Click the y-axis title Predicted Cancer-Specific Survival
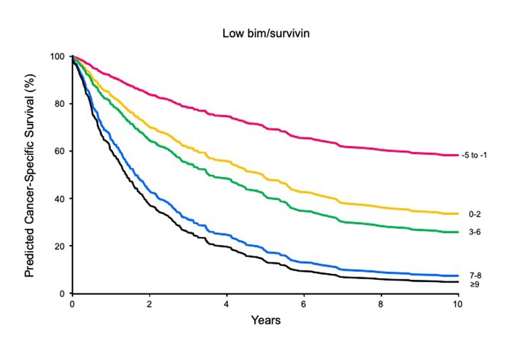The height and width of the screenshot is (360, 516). (x=30, y=175)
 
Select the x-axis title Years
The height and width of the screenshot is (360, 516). (x=265, y=320)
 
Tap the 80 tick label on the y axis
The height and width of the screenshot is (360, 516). (x=59, y=104)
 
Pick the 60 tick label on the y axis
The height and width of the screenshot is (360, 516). (x=59, y=151)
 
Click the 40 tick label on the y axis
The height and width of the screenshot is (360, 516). (x=59, y=199)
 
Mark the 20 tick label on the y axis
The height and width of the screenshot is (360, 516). (x=59, y=246)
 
